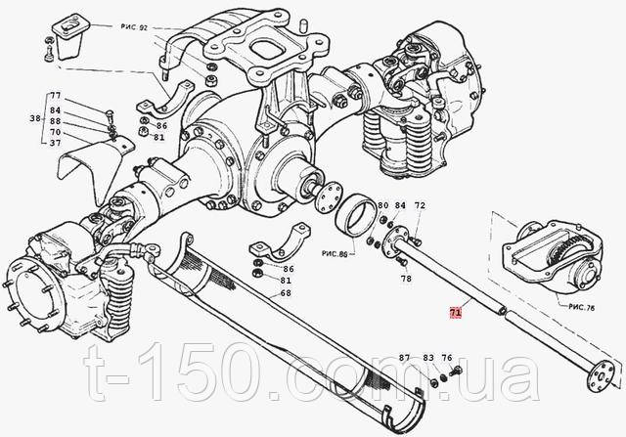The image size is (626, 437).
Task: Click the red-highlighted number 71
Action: (x=456, y=313)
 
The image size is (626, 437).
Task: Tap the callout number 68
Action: (x=286, y=293)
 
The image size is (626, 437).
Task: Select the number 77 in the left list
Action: (x=56, y=96)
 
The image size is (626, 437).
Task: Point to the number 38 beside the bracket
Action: (x=35, y=118)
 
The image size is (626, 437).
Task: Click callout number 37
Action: (x=56, y=143)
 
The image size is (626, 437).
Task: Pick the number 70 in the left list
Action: (x=56, y=132)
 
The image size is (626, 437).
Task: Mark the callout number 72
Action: (x=420, y=205)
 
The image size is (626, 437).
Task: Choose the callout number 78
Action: (x=406, y=279)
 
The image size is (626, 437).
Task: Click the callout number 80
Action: (x=382, y=205)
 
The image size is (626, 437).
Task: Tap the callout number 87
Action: (x=404, y=358)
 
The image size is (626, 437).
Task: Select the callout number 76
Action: (x=447, y=358)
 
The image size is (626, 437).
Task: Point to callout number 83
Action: (x=428, y=358)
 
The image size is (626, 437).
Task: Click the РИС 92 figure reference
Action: (x=134, y=27)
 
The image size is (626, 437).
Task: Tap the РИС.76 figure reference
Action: (x=582, y=308)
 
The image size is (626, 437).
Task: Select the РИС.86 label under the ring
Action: (x=335, y=253)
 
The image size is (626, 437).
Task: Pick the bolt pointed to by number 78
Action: (x=401, y=261)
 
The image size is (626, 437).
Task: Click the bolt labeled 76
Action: (x=456, y=371)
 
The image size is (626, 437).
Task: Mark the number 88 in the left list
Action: (x=56, y=120)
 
